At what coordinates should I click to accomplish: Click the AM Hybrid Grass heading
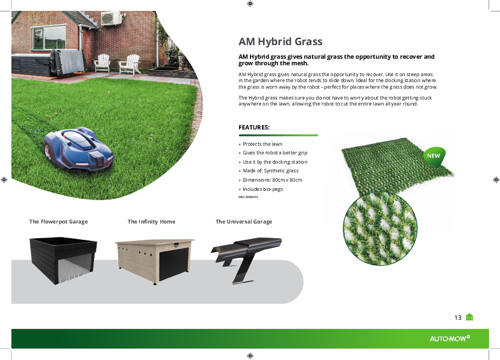coord(280,41)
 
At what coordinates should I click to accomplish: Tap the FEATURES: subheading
coord(254,127)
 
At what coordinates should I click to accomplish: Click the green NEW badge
coord(434,156)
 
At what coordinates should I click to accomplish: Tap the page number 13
coord(458,318)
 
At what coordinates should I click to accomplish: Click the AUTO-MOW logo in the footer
coord(450,339)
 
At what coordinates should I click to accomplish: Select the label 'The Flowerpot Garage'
coord(58,221)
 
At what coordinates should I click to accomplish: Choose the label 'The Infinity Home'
coord(152,221)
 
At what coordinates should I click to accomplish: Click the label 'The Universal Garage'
coord(244,221)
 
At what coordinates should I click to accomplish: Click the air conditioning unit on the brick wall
coord(111,18)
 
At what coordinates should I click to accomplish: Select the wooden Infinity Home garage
coord(155,260)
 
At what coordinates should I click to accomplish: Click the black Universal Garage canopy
coord(246,258)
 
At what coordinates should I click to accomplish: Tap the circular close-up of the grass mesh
coord(380,228)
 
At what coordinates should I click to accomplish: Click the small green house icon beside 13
coord(469,317)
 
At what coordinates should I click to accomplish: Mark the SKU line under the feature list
coord(248,197)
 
